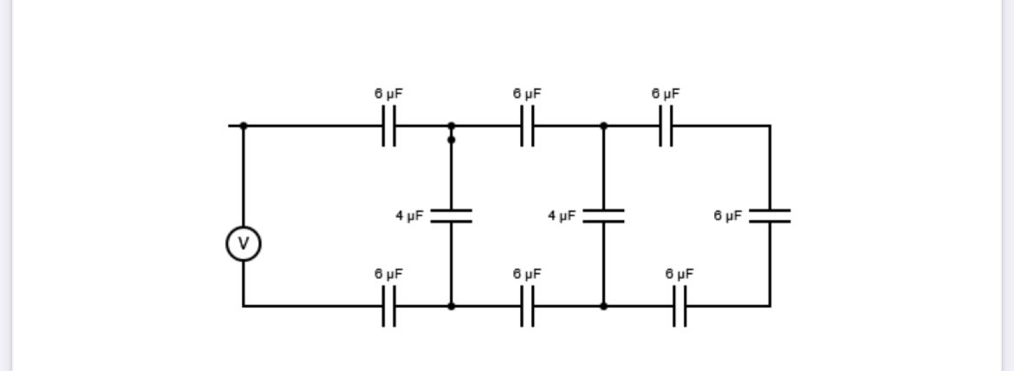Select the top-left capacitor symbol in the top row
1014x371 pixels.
389,126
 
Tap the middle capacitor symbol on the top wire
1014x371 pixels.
527,126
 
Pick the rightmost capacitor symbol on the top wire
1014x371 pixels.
666,126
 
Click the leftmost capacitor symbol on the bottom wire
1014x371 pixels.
389,306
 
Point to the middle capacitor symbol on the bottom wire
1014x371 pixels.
527,306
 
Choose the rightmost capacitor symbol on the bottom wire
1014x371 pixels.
679,306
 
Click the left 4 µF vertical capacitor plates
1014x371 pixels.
451,216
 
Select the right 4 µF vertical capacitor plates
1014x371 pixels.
603,216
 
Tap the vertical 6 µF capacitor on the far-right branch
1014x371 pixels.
770,216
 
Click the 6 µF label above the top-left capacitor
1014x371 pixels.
389,93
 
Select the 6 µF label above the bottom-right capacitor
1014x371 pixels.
679,273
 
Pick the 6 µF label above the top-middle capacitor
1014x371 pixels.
527,93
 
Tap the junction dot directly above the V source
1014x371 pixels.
244,126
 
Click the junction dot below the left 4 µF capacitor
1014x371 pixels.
451,306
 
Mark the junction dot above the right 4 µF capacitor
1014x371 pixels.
603,126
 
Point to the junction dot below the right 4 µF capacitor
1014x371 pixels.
603,306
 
